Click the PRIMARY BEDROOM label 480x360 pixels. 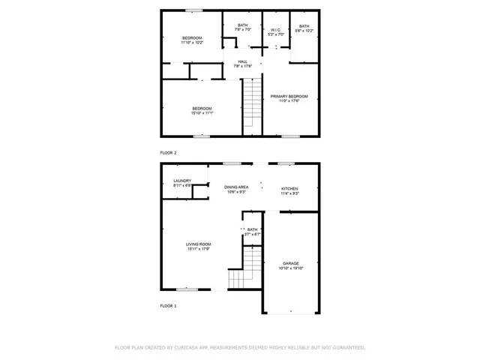pos(290,97)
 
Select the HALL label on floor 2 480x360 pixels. pos(243,61)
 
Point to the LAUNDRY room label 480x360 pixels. pos(182,180)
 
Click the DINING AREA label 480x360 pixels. pos(237,187)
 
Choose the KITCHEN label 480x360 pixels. pos(289,188)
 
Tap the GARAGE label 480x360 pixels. pos(291,263)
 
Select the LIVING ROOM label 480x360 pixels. pos(199,244)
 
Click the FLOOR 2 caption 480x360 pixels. pos(168,153)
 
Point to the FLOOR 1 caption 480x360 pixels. pos(168,306)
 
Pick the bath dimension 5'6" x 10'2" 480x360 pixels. pos(304,31)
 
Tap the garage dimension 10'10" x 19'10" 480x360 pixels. pos(291,268)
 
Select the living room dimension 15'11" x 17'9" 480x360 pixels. pos(199,249)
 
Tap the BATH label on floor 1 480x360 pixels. pos(252,229)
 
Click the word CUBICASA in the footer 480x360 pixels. pos(187,348)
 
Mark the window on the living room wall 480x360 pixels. pos(187,289)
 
